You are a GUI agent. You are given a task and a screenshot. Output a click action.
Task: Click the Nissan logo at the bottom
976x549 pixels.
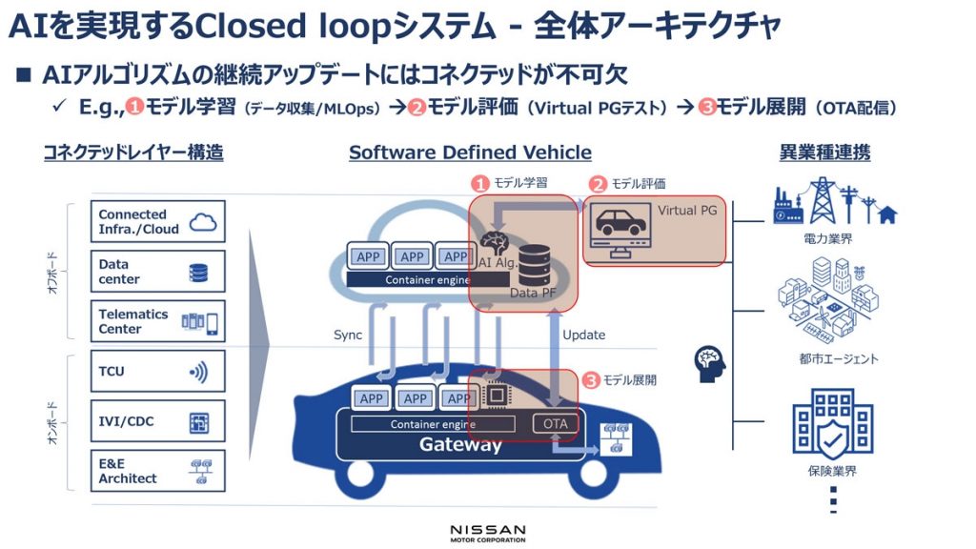(487, 532)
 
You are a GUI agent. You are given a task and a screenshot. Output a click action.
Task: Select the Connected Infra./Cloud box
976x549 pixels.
(157, 222)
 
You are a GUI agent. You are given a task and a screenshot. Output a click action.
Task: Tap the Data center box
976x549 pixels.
(157, 272)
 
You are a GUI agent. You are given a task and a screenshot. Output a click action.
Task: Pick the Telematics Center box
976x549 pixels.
(157, 321)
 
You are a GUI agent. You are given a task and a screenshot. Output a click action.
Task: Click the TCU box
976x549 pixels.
(157, 371)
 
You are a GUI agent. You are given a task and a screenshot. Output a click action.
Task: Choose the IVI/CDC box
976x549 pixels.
(157, 420)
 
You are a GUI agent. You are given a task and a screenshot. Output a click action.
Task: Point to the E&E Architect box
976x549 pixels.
(157, 471)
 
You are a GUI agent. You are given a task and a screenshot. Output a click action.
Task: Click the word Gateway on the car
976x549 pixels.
(460, 445)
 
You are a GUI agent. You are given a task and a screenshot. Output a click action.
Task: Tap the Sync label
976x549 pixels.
(348, 335)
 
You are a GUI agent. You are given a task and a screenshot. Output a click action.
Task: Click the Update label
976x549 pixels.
(583, 335)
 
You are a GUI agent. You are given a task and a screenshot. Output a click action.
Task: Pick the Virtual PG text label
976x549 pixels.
(686, 209)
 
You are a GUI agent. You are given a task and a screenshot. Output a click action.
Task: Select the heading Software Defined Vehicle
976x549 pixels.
(470, 152)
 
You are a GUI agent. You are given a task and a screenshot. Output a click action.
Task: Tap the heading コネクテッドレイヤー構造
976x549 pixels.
(133, 152)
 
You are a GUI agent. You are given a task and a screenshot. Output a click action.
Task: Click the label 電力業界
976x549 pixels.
(826, 239)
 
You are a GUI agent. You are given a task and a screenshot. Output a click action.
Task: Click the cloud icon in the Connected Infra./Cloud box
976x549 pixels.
(203, 222)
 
